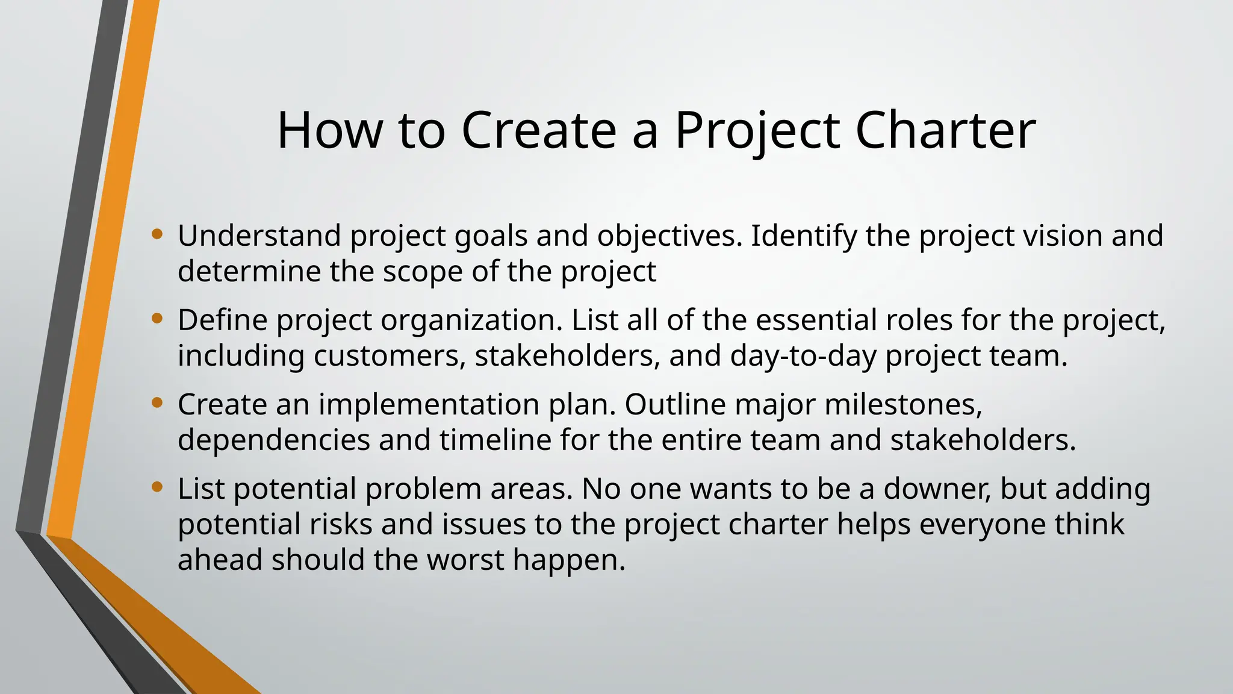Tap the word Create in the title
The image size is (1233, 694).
539,130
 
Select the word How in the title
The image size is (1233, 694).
329,130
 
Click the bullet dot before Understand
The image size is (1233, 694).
157,234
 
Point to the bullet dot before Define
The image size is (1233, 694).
157,318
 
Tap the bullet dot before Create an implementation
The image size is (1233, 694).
157,402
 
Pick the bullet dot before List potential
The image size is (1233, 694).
157,487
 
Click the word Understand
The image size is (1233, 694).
259,236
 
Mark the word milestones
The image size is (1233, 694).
902,404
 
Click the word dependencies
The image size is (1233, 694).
273,440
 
